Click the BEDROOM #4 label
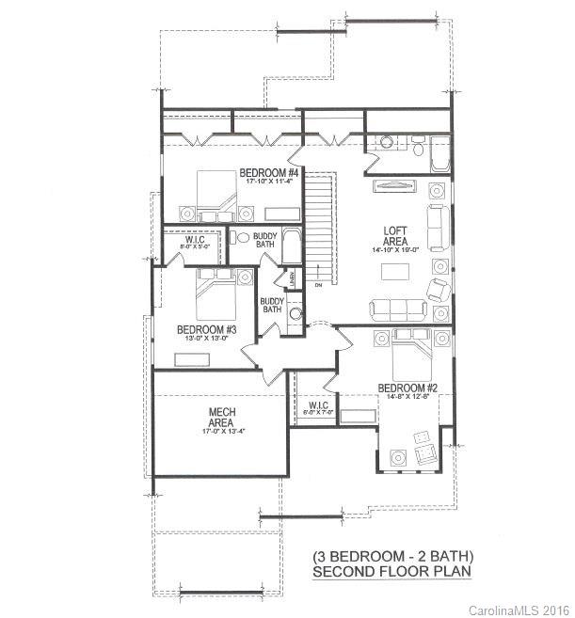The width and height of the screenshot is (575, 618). tap(268, 173)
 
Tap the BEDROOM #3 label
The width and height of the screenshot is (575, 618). tap(206, 329)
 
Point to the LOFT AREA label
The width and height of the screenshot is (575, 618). tap(395, 236)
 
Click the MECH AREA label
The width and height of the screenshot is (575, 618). tap(221, 418)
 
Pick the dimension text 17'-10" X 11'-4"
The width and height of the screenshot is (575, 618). tap(268, 183)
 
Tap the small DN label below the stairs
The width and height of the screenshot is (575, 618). tap(319, 285)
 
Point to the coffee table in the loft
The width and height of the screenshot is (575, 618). tap(394, 273)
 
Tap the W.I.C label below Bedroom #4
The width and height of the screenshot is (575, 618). tap(195, 241)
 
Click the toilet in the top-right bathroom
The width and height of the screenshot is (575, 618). tap(418, 148)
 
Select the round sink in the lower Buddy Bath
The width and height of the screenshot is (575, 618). tap(295, 314)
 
